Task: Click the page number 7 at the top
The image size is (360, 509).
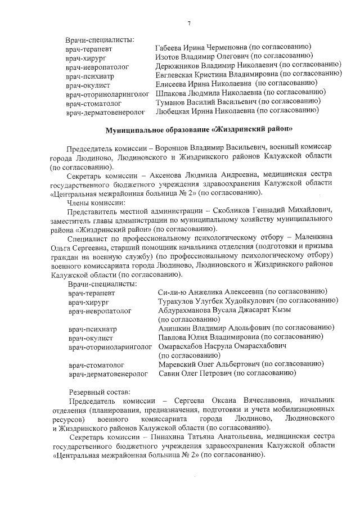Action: pos(189,23)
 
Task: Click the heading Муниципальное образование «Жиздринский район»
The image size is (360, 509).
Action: pos(199,129)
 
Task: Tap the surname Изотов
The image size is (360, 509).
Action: pos(167,56)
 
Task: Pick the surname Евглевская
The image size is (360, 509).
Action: pos(176,75)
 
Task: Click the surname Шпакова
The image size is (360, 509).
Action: pos(171,93)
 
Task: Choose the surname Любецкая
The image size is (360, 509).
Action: pos(173,111)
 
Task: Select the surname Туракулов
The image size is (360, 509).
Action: pos(179,301)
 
